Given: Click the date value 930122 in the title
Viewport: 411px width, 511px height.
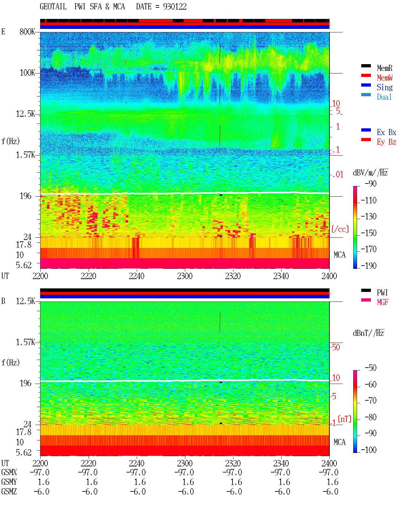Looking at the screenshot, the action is [175, 7].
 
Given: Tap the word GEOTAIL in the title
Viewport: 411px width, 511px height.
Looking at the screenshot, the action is [53, 7].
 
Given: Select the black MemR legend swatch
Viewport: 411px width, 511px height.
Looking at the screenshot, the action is [366, 66].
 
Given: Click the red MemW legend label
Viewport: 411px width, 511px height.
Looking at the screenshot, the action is [385, 78].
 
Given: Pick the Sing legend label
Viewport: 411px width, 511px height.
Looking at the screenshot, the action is [385, 87].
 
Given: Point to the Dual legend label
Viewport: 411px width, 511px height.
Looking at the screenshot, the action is [384, 97].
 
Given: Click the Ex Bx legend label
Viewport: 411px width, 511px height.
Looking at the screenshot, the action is [387, 132].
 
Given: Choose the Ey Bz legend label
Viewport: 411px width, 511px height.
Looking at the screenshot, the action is [387, 142].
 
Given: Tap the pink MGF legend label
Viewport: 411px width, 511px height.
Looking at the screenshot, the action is [382, 302].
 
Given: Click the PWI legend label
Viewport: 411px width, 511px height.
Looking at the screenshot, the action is [382, 293].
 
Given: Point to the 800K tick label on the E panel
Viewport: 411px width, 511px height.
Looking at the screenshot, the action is [27, 31].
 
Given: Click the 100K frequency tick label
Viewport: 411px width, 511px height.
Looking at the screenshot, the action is [27, 73].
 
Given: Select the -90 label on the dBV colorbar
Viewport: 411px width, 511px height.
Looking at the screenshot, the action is [371, 184].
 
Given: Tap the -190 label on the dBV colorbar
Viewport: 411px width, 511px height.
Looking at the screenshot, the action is [369, 266].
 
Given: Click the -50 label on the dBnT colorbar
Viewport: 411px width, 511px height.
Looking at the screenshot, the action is [371, 368].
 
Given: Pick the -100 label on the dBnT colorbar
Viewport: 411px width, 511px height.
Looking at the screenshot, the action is [369, 450].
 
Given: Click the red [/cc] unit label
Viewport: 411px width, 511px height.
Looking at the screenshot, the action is [340, 229].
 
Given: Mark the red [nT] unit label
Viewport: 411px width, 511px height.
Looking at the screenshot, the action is [345, 419].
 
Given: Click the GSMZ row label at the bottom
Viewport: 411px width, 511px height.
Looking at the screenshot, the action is [9, 491].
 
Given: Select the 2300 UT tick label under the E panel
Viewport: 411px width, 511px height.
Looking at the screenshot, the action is [185, 276].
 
